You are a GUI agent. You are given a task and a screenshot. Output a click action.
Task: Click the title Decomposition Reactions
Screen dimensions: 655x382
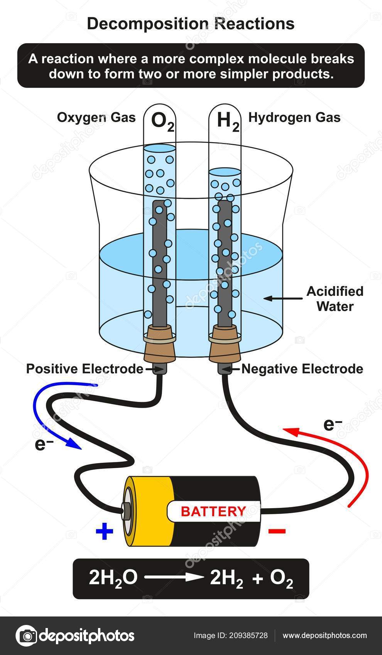[191, 24]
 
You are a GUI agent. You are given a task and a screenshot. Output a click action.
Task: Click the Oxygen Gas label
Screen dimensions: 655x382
[96, 118]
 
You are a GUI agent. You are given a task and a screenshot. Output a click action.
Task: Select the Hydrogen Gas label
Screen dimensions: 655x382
[294, 118]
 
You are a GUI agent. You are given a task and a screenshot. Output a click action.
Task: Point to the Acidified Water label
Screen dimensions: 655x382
[335, 299]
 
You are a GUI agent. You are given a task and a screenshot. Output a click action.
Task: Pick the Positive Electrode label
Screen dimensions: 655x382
[85, 369]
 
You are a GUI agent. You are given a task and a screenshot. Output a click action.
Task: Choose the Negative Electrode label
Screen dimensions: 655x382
[302, 369]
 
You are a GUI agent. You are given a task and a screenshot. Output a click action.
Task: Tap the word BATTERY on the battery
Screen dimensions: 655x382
[213, 511]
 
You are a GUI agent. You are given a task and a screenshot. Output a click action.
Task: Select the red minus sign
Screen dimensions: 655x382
[277, 531]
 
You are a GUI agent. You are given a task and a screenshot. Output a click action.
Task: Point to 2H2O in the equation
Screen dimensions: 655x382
[113, 578]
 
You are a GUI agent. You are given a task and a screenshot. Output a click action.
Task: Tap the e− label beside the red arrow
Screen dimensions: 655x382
[333, 425]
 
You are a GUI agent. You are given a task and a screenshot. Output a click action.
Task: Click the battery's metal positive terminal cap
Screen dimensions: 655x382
[126, 511]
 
